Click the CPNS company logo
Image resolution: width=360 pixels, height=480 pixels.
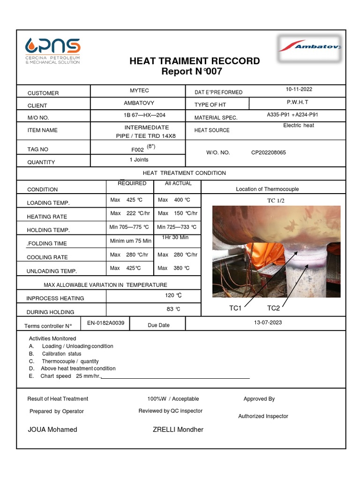[52, 51]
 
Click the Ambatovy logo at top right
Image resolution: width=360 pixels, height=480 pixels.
[309, 47]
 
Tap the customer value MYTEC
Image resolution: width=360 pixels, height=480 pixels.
[139, 90]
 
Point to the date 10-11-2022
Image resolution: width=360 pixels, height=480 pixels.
[299, 90]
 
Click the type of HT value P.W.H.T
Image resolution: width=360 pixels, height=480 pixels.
[298, 102]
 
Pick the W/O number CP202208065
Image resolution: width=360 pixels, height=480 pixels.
[269, 152]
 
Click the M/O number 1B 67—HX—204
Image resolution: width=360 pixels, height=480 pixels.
[139, 115]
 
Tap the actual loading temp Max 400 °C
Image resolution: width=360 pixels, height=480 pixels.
[174, 200]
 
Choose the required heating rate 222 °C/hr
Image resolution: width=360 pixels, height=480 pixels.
[129, 213]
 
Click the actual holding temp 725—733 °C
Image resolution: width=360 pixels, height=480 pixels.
[177, 227]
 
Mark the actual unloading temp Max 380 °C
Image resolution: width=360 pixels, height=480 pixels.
[174, 268]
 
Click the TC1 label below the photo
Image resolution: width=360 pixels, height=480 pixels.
[235, 308]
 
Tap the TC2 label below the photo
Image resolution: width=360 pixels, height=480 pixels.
[273, 308]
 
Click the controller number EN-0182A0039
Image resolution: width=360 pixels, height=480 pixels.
[105, 323]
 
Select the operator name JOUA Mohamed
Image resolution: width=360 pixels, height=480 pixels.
[53, 429]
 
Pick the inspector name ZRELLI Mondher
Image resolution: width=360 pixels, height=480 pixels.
[178, 429]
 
